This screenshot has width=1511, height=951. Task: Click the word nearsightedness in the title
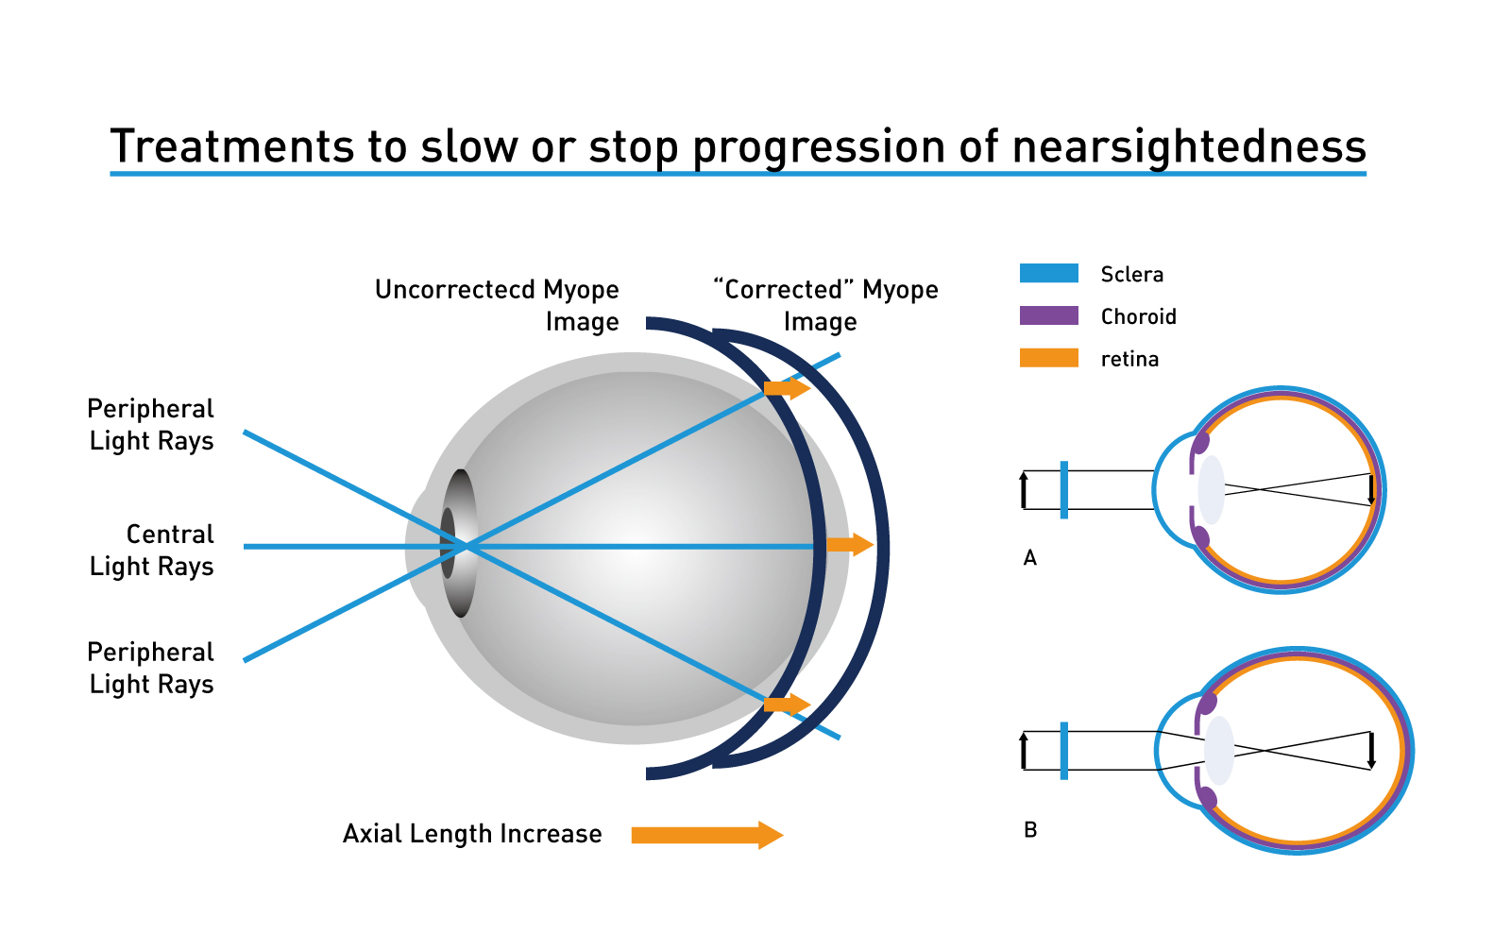click(1189, 147)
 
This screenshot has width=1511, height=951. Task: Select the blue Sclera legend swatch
click(1049, 273)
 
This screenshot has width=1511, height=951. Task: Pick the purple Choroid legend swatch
click(1049, 315)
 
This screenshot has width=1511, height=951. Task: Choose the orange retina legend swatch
click(1049, 358)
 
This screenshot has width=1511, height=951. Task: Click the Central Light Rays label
click(152, 551)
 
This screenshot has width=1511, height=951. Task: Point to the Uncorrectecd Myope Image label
click(497, 306)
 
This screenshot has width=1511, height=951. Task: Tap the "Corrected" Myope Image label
click(825, 306)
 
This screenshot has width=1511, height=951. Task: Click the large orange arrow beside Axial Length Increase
click(707, 835)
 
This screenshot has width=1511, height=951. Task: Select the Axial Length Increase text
click(472, 834)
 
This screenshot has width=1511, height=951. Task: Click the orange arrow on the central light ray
click(851, 544)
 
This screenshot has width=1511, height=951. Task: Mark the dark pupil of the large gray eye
click(448, 543)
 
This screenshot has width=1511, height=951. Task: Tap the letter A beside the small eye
click(1030, 558)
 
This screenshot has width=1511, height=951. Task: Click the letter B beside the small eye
click(1030, 829)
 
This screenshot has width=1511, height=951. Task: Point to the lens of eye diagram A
click(1212, 490)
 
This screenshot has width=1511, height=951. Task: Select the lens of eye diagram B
click(1219, 751)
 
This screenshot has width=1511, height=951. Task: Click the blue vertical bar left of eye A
click(1063, 490)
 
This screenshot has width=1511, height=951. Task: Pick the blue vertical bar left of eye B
click(1063, 751)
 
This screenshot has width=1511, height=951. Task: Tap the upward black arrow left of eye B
click(1024, 751)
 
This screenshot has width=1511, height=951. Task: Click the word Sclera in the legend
click(1132, 275)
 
